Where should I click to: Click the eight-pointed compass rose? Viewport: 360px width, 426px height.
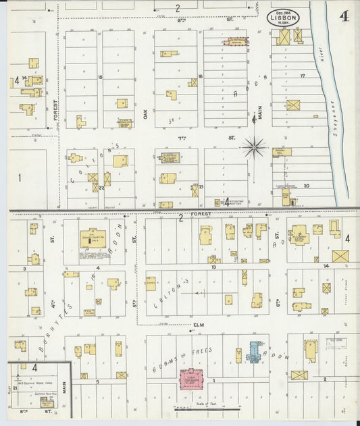pyautogui.click(x=255, y=147)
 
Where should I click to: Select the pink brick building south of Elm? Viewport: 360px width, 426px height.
pyautogui.click(x=192, y=378)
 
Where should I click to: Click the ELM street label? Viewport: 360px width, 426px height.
pyautogui.click(x=199, y=325)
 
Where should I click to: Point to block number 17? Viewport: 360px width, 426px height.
pyautogui.click(x=303, y=75)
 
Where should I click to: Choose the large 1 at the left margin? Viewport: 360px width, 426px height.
pyautogui.click(x=20, y=178)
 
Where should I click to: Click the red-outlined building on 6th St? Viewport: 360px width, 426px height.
pyautogui.click(x=236, y=41)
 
